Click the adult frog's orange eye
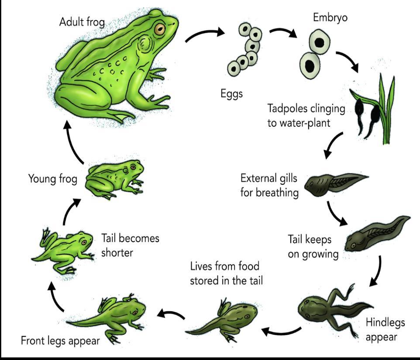point(160,29)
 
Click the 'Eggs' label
point(231,93)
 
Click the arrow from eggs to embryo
point(282,33)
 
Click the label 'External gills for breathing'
point(269,185)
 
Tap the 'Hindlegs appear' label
point(385,329)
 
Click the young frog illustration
point(115,178)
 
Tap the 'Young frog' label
point(53,179)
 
